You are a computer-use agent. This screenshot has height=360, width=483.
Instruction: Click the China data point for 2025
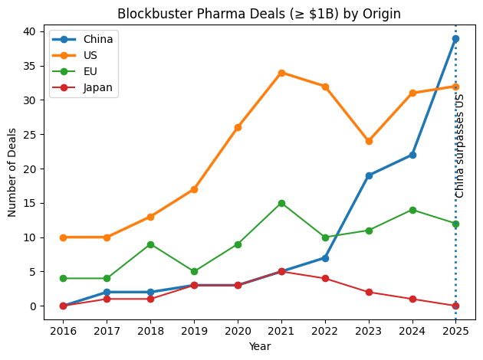455,38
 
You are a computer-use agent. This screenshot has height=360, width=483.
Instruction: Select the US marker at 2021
281,73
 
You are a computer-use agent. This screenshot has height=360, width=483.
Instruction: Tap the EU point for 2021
281,203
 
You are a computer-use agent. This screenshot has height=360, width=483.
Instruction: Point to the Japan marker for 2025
455,306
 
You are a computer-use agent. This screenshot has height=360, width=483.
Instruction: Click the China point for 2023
369,175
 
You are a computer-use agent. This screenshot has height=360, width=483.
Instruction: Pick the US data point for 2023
369,141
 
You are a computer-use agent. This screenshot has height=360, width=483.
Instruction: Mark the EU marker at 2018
150,244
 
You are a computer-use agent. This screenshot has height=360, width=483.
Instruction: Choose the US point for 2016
63,237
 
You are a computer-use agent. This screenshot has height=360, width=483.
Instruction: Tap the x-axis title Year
259,346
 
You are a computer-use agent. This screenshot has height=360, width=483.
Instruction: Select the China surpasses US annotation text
460,146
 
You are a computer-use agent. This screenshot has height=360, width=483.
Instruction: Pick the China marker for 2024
412,155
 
